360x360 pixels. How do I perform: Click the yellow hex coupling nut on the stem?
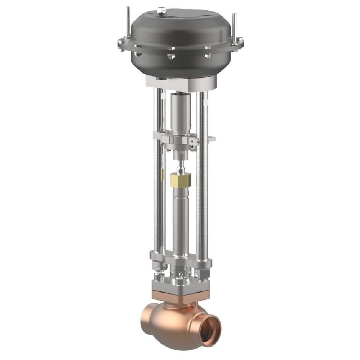pos(181,180)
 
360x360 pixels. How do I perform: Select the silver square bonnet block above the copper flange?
pos(180,284)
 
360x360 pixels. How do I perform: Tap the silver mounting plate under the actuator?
pos(180,82)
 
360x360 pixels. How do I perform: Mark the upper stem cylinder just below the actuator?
pos(180,111)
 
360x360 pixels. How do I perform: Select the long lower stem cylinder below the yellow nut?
pos(181,222)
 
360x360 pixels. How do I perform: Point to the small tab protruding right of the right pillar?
pos(211,139)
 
